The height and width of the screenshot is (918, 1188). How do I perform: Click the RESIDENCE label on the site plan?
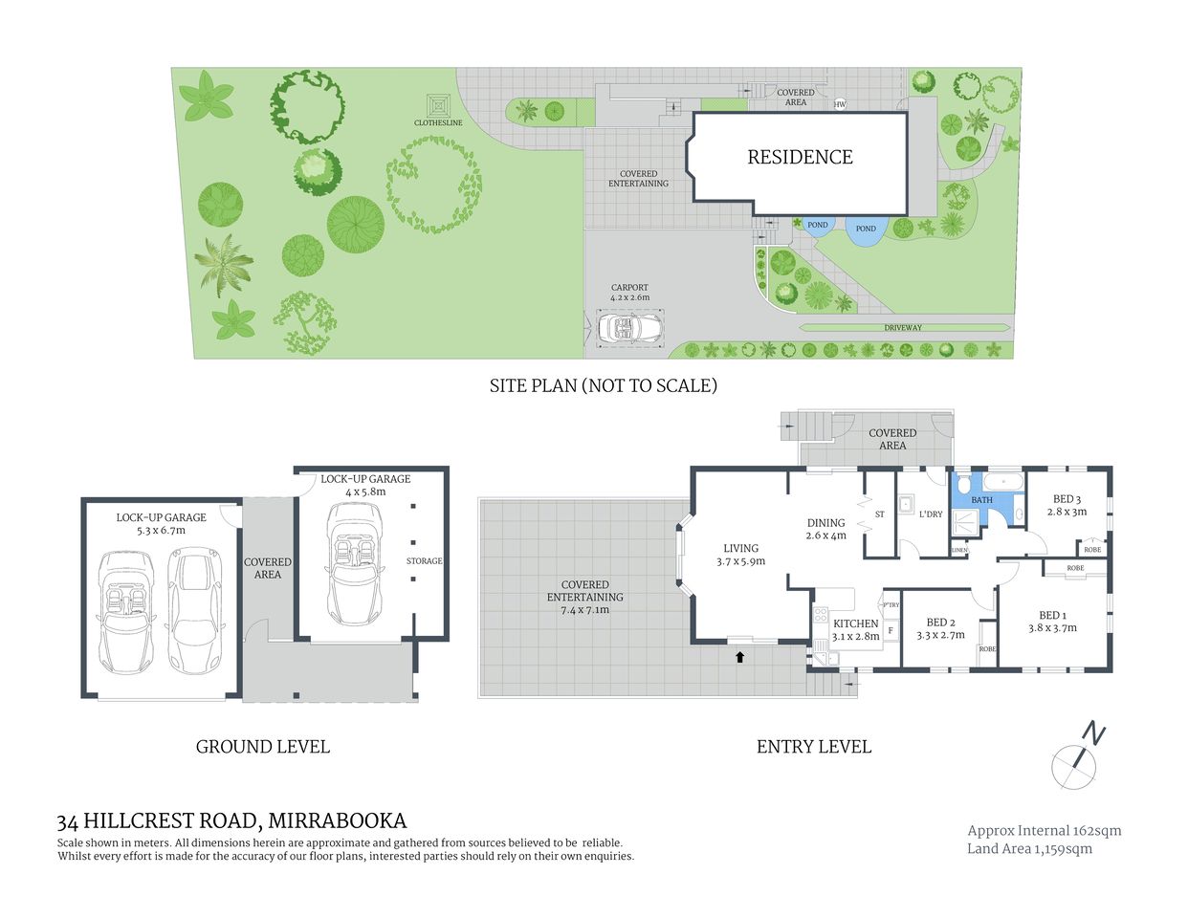coord(800,157)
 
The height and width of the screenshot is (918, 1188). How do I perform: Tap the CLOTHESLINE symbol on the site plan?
coord(438,103)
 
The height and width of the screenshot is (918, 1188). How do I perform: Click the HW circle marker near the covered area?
coord(841,104)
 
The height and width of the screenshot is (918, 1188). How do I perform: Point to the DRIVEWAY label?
coord(902,328)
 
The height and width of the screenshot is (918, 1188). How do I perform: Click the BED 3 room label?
coord(1067,499)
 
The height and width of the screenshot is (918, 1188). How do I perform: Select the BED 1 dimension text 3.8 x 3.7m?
coord(1052,628)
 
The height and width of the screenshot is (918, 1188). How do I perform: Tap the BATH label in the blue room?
coord(981,500)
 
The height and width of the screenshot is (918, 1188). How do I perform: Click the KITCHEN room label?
coord(855,623)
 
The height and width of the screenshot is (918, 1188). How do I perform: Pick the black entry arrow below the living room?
coord(738,657)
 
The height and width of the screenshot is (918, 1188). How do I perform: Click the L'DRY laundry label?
coord(930,514)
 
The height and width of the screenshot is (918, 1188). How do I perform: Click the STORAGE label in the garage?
coord(424,561)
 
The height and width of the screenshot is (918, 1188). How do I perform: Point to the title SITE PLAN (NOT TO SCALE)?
coord(603,386)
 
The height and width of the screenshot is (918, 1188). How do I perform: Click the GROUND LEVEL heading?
coord(262,747)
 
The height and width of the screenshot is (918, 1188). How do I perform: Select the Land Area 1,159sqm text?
coord(1029,849)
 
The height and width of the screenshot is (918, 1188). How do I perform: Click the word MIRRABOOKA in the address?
coord(337,820)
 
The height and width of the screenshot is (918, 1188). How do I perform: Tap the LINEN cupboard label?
coord(959,550)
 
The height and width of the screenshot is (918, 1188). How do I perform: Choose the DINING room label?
coord(825,523)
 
